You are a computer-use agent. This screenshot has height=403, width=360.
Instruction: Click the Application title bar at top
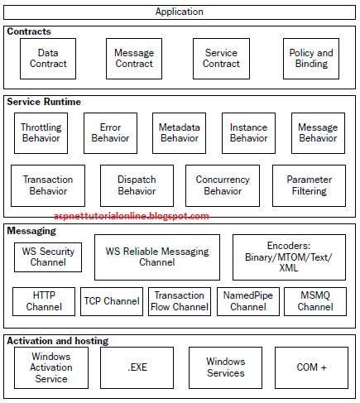[180, 12]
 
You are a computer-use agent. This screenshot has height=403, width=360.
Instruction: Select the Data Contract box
[48, 59]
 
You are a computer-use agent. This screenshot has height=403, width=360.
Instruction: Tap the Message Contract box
[134, 59]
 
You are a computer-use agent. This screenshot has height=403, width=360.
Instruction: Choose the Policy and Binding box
[311, 59]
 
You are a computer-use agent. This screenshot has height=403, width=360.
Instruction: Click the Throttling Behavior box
[41, 133]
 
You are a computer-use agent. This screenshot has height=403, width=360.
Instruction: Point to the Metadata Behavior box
[180, 133]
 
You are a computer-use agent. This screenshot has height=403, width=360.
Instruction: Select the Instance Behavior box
[248, 133]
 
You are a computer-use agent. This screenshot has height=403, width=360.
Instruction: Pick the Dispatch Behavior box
[137, 185]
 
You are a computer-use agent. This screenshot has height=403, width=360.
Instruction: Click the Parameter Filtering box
[309, 185]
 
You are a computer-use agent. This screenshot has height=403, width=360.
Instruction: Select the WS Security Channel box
[48, 257]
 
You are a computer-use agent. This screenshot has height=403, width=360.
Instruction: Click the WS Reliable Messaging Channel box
[157, 257]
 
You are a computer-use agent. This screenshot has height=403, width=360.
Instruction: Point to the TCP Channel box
[111, 301]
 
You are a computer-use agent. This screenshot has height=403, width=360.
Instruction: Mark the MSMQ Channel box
[315, 301]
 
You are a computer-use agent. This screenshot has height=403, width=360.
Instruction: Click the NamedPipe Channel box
[248, 301]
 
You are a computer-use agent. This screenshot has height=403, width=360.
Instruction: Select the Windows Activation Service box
[51, 367]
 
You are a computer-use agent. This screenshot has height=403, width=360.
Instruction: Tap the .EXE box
[137, 367]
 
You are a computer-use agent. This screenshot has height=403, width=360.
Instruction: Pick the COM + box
[311, 367]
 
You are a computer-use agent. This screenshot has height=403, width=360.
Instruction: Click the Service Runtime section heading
[44, 102]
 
